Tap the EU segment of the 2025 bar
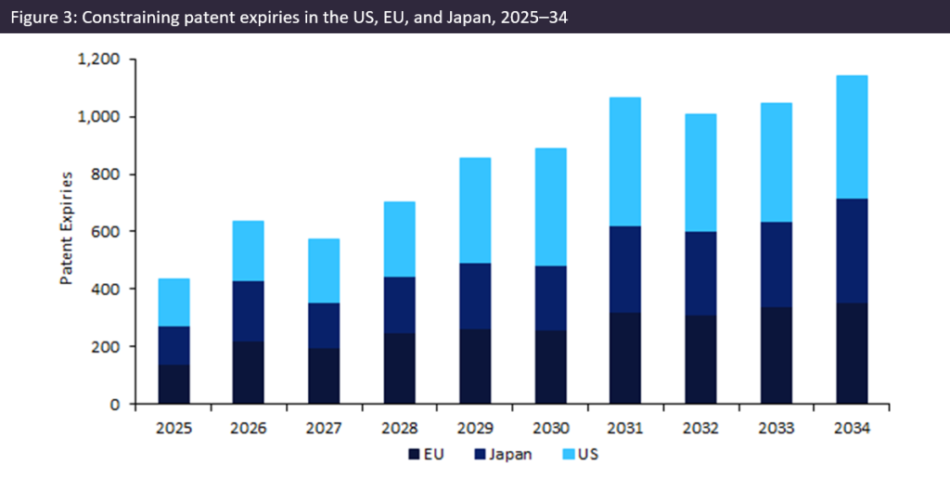pos(174,384)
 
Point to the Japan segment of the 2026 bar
pos(249,311)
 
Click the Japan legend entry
pos(507,455)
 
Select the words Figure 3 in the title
pos(40,17)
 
